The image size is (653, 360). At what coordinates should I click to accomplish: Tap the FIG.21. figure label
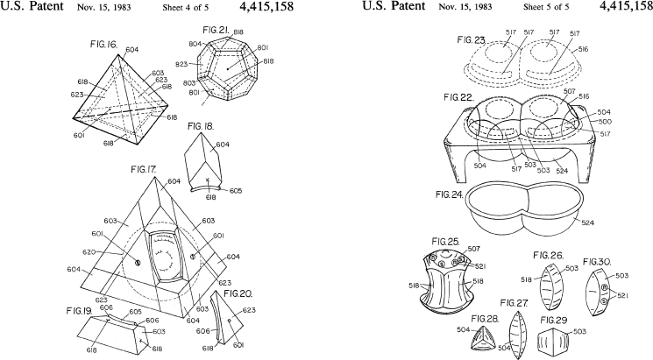tap(216, 29)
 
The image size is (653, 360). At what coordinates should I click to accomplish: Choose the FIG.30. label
tap(598, 262)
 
